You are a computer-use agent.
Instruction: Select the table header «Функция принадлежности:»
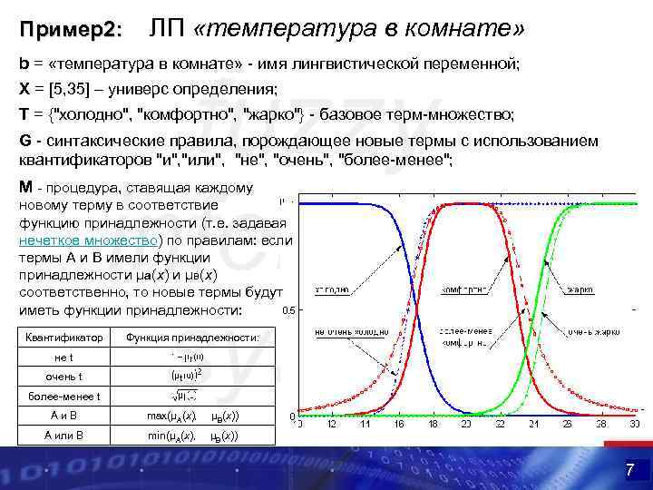click(x=192, y=338)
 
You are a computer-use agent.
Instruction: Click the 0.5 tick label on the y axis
click(x=288, y=310)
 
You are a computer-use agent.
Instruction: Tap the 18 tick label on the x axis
click(x=434, y=424)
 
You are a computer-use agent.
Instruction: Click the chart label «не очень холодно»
click(x=345, y=333)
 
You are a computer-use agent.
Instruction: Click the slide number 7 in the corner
click(x=629, y=469)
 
